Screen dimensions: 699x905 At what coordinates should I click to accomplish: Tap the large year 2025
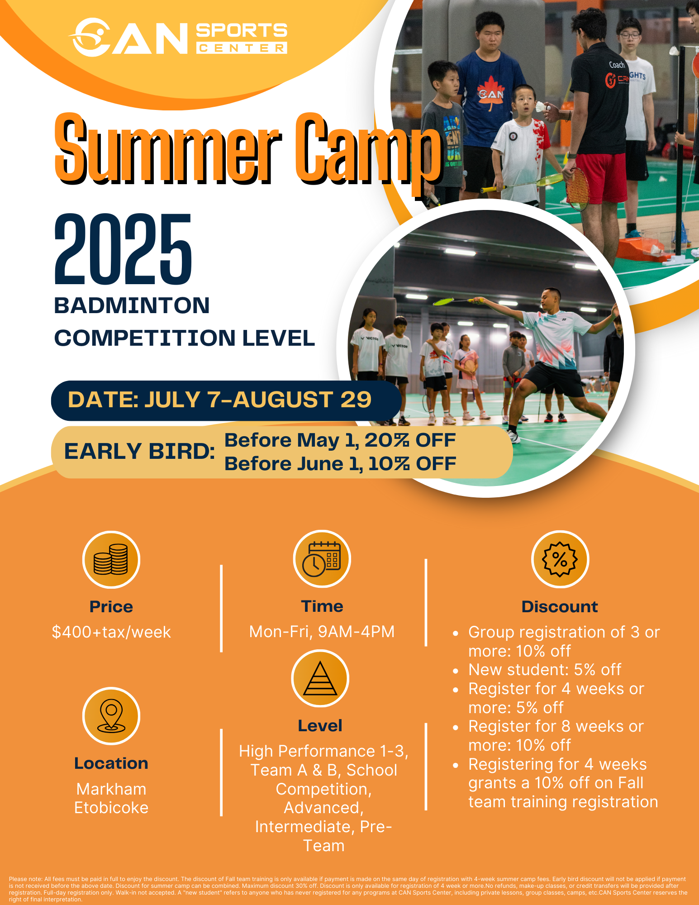123,249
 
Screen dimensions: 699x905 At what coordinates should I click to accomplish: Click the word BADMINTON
132,305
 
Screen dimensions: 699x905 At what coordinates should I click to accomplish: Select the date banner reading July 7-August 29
226,400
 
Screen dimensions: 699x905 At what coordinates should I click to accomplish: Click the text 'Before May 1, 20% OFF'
340,440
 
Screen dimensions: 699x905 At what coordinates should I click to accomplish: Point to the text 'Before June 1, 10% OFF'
340,463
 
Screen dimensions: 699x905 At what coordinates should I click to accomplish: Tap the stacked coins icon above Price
111,560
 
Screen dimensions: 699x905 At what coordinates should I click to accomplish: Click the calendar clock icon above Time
322,559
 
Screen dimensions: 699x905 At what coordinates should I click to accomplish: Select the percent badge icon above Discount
560,559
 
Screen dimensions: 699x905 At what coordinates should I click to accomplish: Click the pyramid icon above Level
320,678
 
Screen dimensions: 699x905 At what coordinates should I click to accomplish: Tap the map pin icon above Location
111,716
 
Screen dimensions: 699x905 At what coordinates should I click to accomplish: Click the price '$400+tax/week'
111,632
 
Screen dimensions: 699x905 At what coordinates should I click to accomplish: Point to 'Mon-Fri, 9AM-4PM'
322,632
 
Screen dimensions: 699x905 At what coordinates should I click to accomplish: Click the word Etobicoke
111,808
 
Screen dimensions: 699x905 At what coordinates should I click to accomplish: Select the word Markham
111,789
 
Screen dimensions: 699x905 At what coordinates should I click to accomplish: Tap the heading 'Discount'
560,607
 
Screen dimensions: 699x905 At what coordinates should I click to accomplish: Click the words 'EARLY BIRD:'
139,451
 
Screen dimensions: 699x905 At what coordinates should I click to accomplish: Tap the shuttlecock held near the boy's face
541,107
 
